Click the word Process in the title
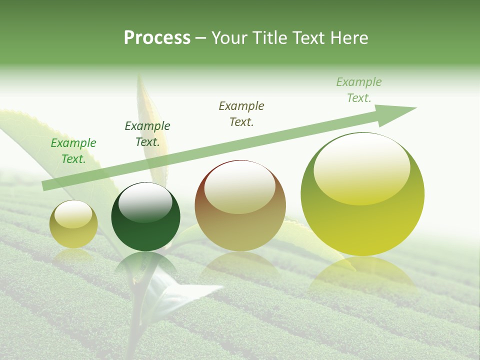pyautogui.click(x=157, y=38)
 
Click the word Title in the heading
pyautogui.click(x=269, y=38)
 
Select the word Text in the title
pyautogui.click(x=308, y=38)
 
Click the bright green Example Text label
pyautogui.click(x=73, y=151)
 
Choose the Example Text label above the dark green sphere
pyautogui.click(x=147, y=134)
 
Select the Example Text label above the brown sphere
pyautogui.click(x=241, y=114)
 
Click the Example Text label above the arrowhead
pyautogui.click(x=359, y=90)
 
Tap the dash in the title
pyautogui.click(x=201, y=38)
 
